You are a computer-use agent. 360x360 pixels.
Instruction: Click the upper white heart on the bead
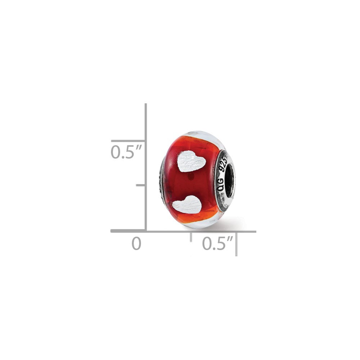coord(192,161)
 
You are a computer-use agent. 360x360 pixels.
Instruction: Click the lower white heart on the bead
coord(187,204)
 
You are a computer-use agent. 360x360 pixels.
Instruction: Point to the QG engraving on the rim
coord(220,185)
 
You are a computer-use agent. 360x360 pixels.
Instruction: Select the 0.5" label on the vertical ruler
coord(126,152)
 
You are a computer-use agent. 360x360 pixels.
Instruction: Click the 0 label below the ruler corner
coord(136,244)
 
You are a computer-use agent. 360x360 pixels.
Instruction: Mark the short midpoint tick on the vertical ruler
coord(140,185)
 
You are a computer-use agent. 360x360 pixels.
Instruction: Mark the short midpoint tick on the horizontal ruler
coord(191,237)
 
